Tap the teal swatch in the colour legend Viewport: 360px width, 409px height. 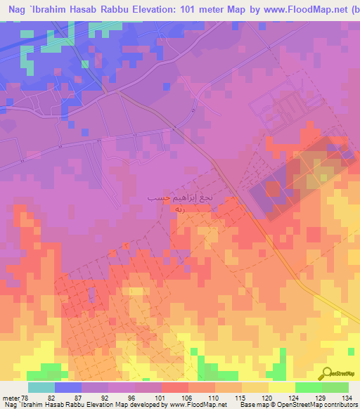41,387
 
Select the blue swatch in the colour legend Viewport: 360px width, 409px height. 68,387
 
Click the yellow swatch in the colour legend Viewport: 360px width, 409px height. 281,387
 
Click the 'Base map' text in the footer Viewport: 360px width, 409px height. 250,404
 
